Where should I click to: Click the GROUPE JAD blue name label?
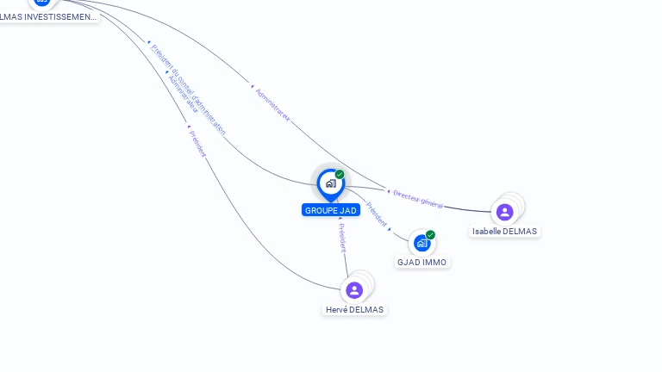tap(330, 210)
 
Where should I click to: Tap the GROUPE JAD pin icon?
tap(330, 183)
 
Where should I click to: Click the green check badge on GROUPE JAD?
tap(340, 175)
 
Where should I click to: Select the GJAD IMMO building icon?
tap(422, 243)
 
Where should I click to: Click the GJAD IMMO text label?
tap(422, 262)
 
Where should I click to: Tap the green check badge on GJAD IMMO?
tap(430, 235)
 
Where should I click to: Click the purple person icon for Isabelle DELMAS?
tap(505, 212)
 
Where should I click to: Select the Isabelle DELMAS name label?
tap(504, 231)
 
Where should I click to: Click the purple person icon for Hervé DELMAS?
tap(354, 290)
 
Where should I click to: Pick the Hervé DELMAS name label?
tap(354, 309)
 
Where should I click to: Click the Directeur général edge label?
tap(418, 199)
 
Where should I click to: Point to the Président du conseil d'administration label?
tap(188, 90)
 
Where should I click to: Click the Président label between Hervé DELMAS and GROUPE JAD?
tap(341, 235)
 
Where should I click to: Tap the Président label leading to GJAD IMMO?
tap(376, 214)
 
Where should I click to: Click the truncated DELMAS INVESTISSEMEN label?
tap(47, 16)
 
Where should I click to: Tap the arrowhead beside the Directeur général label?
tap(389, 191)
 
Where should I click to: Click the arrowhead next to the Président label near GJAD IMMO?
tap(390, 229)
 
